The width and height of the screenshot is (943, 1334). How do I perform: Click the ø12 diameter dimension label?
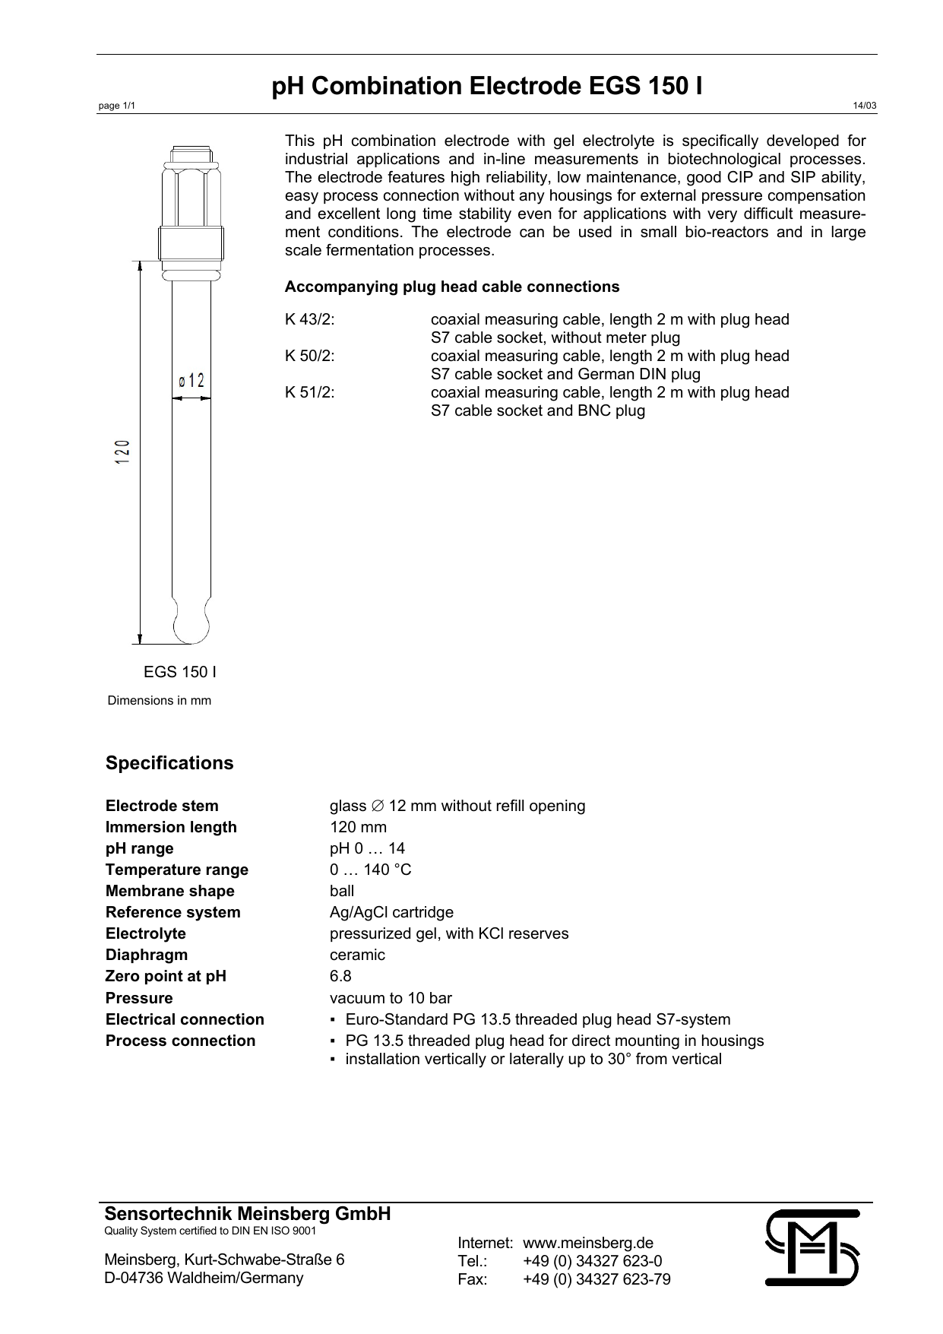tap(191, 380)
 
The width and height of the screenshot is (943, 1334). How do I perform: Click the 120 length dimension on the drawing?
tap(123, 452)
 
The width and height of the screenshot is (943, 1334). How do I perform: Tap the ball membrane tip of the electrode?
tap(191, 626)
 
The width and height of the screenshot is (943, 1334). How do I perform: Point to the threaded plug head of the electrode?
tap(191, 242)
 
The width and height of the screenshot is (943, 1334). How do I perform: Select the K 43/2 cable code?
tap(310, 319)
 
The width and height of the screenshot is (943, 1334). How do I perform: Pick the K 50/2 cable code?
tap(310, 356)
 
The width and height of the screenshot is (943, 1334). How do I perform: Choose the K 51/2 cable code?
tap(310, 392)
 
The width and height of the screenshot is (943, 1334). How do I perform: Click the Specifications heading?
tap(169, 763)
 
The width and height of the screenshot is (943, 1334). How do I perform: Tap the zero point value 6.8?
tap(340, 976)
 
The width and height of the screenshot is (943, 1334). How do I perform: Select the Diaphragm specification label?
tap(147, 955)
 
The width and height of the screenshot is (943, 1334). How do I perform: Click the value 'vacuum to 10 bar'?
tap(391, 998)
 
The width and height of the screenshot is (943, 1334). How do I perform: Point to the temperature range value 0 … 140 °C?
tap(370, 870)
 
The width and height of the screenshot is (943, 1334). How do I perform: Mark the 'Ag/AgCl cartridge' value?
tap(391, 912)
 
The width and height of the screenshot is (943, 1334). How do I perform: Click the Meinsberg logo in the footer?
tap(812, 1247)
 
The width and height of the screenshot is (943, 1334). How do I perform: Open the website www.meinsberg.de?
tap(588, 1243)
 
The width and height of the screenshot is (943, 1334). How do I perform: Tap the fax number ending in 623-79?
tap(596, 1279)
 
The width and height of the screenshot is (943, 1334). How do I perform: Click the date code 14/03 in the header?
tap(866, 106)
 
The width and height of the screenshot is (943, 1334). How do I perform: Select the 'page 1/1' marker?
tap(117, 106)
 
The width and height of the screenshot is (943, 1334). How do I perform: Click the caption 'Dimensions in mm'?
tap(160, 700)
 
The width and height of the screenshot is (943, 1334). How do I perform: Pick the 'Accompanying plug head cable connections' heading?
tap(452, 287)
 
